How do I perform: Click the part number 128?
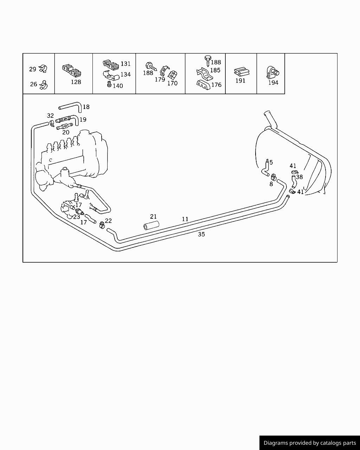tap(76, 82)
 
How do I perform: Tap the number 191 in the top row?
tap(240, 81)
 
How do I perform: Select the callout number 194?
tap(273, 83)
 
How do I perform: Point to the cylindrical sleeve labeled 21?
tap(151, 225)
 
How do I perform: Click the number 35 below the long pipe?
tap(201, 234)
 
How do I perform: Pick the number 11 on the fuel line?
tap(185, 219)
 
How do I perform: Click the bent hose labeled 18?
tap(70, 107)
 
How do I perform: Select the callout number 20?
tap(66, 133)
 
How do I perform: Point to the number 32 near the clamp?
tap(50, 116)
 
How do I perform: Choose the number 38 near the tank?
tap(299, 177)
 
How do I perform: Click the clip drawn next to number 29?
tap(43, 69)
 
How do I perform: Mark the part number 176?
tap(216, 85)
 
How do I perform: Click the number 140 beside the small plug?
tap(118, 86)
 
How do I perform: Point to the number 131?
tap(126, 64)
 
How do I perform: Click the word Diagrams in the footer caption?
tap(276, 443)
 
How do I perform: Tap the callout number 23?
tap(77, 217)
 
